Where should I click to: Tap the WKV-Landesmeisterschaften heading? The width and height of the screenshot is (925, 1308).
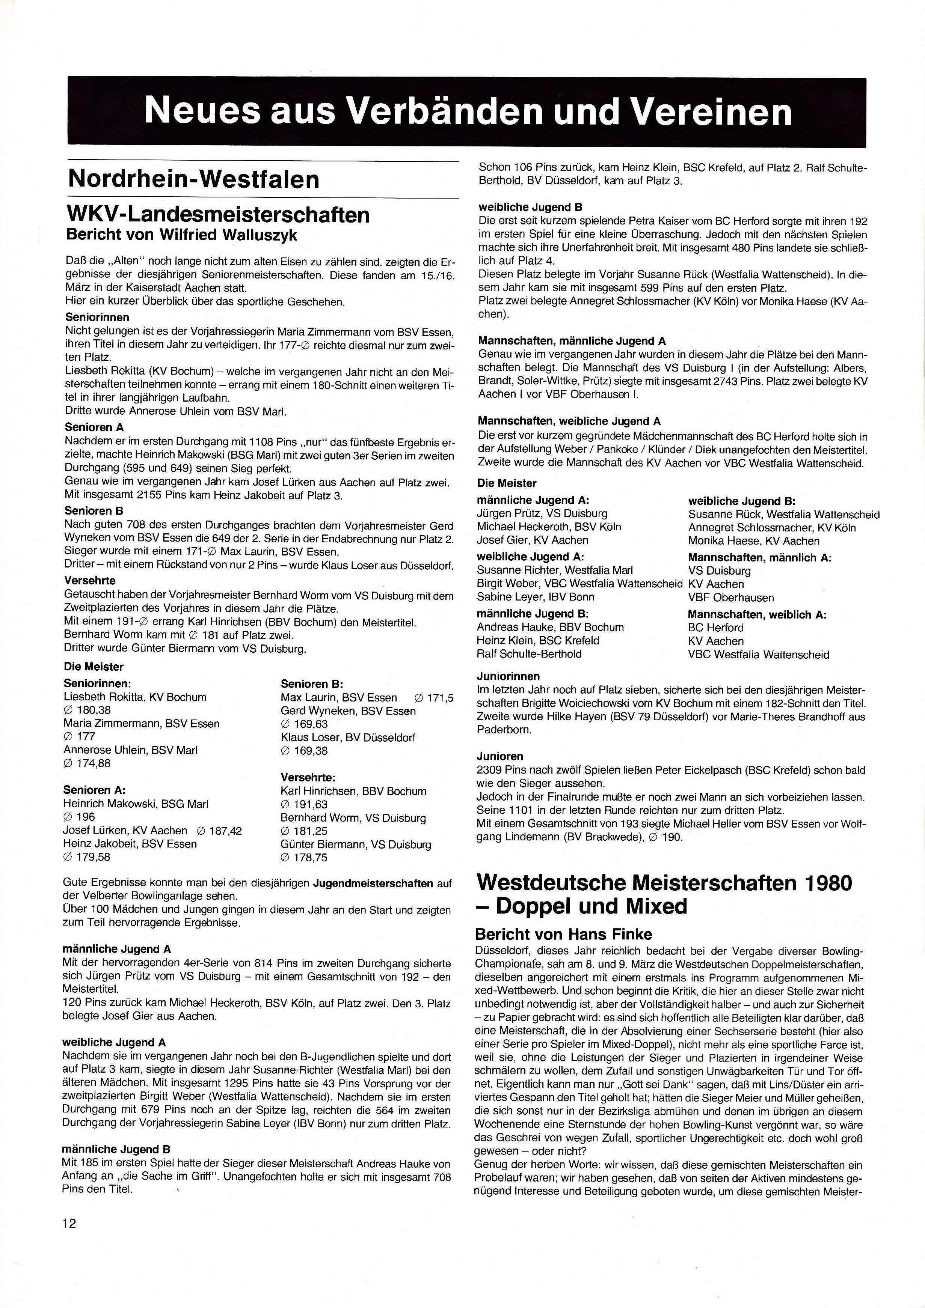click(218, 215)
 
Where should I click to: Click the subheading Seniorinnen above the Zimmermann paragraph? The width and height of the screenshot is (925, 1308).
click(97, 317)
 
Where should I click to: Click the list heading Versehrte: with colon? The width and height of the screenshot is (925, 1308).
click(308, 777)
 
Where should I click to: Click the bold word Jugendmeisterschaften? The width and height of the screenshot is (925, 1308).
click(373, 883)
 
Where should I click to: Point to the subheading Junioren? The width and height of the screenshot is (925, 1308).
click(500, 756)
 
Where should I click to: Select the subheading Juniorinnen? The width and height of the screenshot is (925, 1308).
click(509, 676)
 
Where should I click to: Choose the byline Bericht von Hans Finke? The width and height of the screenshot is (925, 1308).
click(563, 934)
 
